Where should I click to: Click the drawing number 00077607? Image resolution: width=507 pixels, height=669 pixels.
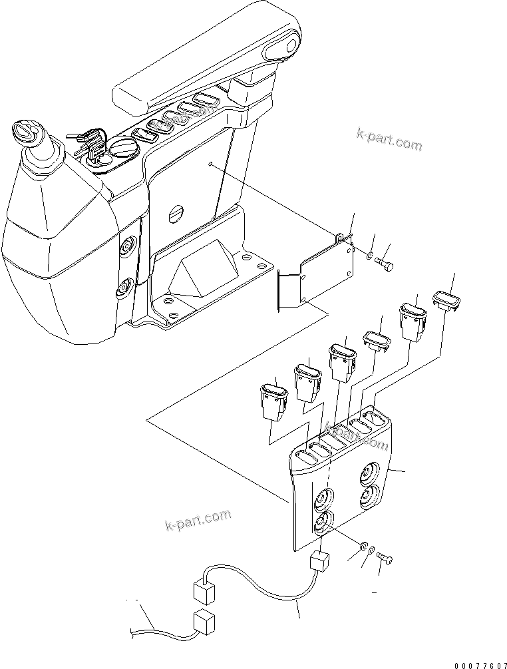[479, 664]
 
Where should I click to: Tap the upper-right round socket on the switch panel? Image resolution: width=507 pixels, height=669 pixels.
[367, 474]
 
